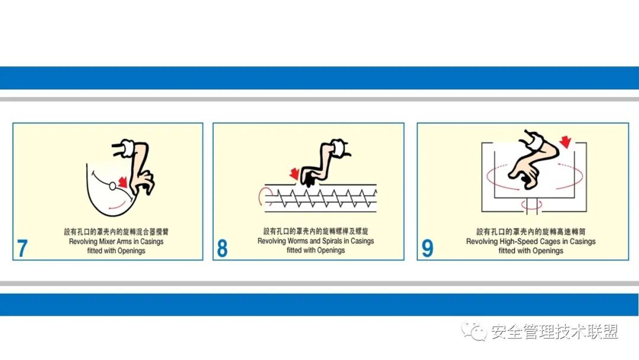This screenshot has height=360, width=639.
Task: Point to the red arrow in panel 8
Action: coord(294,173)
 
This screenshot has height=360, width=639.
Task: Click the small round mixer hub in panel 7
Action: coord(112,187)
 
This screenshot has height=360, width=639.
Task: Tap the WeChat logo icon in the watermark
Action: coord(475,332)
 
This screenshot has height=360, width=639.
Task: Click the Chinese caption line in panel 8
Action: coord(315,232)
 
